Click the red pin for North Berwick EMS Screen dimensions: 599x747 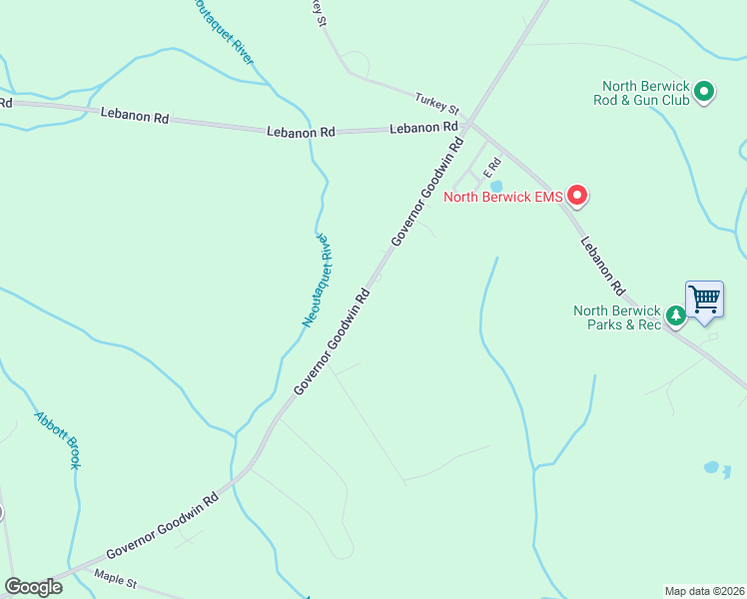pyautogui.click(x=576, y=195)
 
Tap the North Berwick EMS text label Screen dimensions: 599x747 pyautogui.click(x=503, y=197)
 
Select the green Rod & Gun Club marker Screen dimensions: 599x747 pyautogui.click(x=704, y=93)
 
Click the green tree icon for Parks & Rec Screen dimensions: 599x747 pyautogui.click(x=676, y=316)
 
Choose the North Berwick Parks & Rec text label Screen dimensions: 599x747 pyautogui.click(x=617, y=317)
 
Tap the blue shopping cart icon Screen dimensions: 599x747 pyautogui.click(x=704, y=299)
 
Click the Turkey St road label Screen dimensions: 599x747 pyautogui.click(x=436, y=102)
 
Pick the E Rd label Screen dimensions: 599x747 pyautogui.click(x=491, y=172)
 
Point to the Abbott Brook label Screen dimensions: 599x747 pyautogui.click(x=57, y=440)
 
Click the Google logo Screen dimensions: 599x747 pyautogui.click(x=33, y=587)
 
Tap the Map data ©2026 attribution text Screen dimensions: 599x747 pyautogui.click(x=704, y=590)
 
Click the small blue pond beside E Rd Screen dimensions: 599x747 pyautogui.click(x=496, y=186)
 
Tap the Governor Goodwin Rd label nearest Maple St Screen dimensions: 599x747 pyautogui.click(x=162, y=525)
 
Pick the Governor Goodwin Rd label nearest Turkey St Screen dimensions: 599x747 pyautogui.click(x=428, y=192)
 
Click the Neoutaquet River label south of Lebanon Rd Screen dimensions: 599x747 pyautogui.click(x=315, y=281)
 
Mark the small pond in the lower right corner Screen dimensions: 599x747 pyautogui.click(x=711, y=467)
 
